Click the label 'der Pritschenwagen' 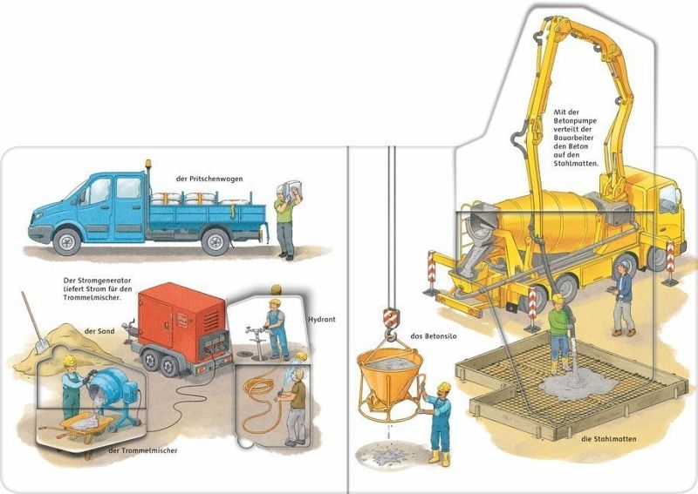(209, 179)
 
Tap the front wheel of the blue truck (66, 241)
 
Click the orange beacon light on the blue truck (147, 165)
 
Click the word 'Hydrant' (322, 319)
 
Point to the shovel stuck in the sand (33, 322)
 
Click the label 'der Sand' (99, 331)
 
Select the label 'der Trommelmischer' (143, 450)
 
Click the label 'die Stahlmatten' (608, 439)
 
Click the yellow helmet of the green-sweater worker (558, 298)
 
